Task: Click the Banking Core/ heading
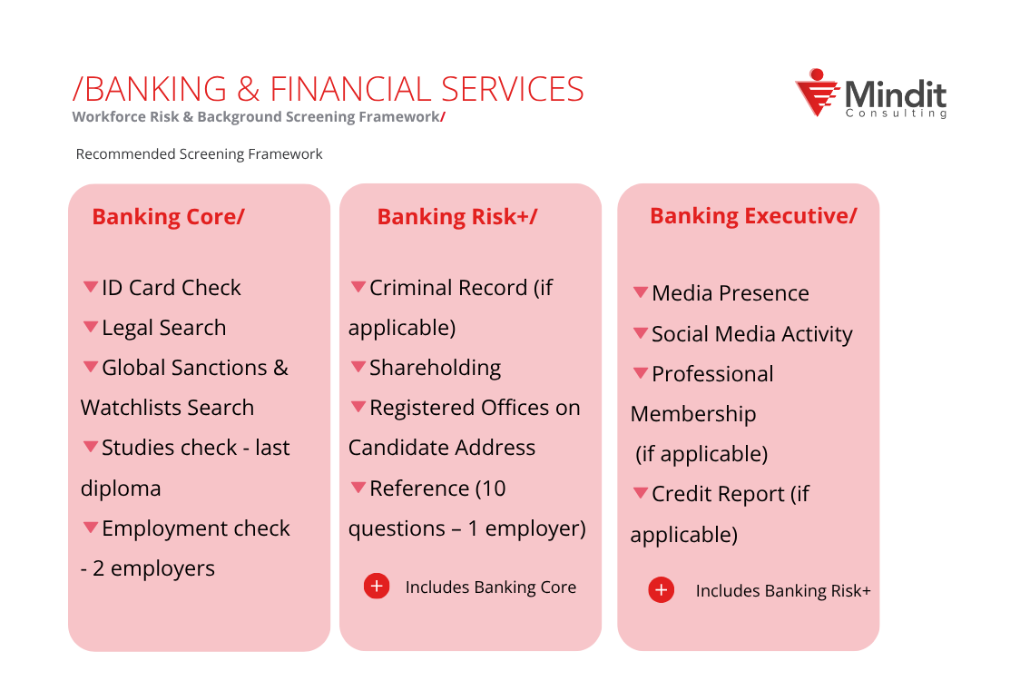pyautogui.click(x=168, y=217)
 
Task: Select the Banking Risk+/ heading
pyautogui.click(x=456, y=217)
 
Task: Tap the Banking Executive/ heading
pyautogui.click(x=752, y=216)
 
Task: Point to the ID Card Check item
pyautogui.click(x=171, y=288)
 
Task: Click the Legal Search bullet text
pyautogui.click(x=163, y=328)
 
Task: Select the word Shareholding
pyautogui.click(x=435, y=368)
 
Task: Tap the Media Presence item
pyautogui.click(x=730, y=293)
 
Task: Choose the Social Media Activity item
pyautogui.click(x=751, y=334)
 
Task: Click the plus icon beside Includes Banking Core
pyautogui.click(x=377, y=587)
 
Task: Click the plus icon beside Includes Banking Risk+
pyautogui.click(x=662, y=590)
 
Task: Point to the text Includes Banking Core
pyautogui.click(x=490, y=587)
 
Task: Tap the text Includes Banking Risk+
pyautogui.click(x=782, y=591)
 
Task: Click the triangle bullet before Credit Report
pyautogui.click(x=641, y=493)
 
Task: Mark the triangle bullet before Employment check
pyautogui.click(x=91, y=527)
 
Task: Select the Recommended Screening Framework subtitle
pyautogui.click(x=199, y=154)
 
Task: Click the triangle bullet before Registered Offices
pyautogui.click(x=358, y=407)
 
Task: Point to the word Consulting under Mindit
pyautogui.click(x=896, y=113)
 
